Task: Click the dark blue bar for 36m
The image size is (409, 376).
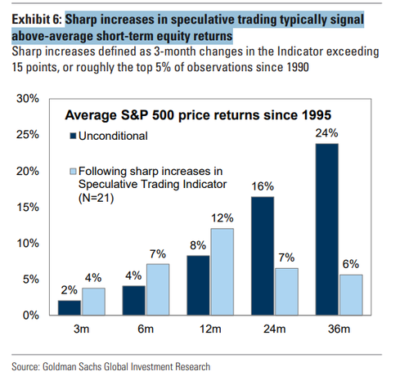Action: (x=327, y=230)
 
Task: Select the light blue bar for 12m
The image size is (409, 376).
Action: (x=222, y=272)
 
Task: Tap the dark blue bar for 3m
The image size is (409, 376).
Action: (x=70, y=308)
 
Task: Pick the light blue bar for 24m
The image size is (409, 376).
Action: (x=286, y=292)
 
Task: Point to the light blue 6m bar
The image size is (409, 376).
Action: (x=158, y=289)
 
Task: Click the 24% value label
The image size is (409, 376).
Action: (x=326, y=133)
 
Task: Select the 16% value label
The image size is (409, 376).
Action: (x=263, y=186)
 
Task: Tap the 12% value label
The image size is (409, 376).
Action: (x=222, y=218)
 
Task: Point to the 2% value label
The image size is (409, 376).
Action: (x=70, y=290)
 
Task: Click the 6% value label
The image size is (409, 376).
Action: (x=351, y=264)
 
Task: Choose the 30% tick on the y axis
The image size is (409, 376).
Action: (x=28, y=98)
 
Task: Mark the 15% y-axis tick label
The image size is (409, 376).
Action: (x=28, y=208)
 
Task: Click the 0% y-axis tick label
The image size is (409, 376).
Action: (x=31, y=316)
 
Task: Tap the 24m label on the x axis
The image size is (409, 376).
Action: (x=275, y=329)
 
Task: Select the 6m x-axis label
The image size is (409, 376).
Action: (x=146, y=329)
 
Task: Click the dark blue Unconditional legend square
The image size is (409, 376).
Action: (x=73, y=136)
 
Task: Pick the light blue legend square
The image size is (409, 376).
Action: (x=73, y=172)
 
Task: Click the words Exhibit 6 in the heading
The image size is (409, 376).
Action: (x=37, y=20)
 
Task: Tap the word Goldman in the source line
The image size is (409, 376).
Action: (x=60, y=367)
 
